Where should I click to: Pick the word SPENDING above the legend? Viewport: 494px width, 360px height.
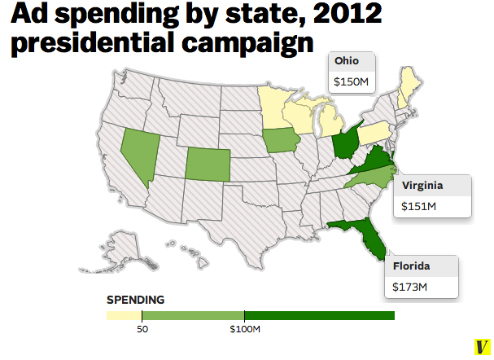click(135, 300)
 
